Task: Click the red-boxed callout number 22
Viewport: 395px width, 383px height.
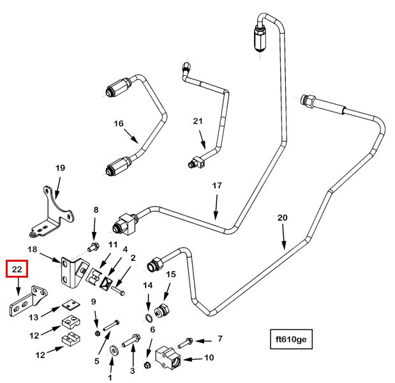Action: pos(17,270)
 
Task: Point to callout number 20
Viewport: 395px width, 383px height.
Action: pos(282,218)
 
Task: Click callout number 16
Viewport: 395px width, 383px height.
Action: pos(118,123)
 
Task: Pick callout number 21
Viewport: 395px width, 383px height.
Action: pos(198,121)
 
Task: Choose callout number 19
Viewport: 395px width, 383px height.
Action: pos(60,168)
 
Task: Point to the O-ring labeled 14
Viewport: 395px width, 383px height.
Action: pos(148,317)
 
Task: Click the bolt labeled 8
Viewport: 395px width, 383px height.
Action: pos(94,247)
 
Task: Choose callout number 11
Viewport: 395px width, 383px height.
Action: pos(112,244)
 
